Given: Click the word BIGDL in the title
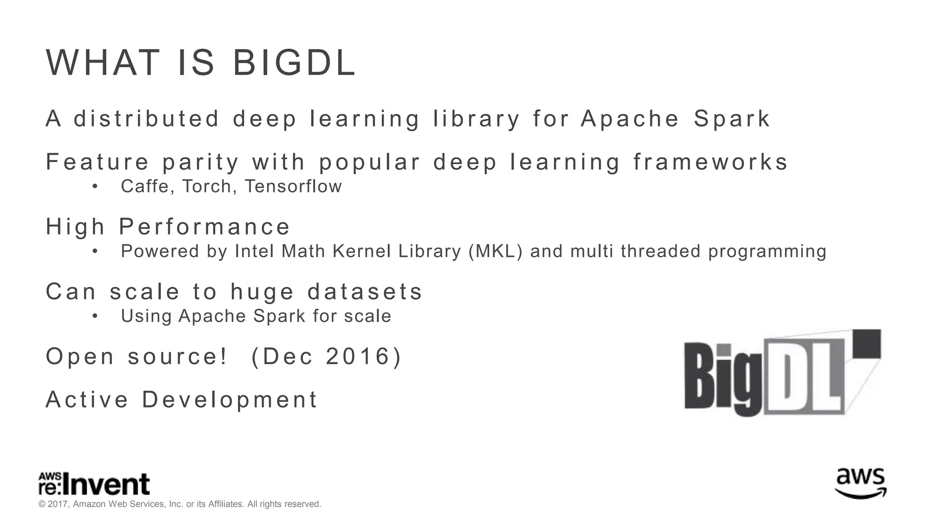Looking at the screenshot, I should (294, 63).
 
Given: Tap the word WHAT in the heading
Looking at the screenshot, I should (103, 63).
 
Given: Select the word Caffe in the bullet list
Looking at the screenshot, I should (145, 186).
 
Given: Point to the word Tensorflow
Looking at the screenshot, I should (293, 186).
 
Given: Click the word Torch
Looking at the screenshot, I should (207, 186).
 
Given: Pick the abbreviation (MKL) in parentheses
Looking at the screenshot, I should (496, 251).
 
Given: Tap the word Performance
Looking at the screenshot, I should (204, 227).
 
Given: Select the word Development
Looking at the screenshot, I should (230, 399).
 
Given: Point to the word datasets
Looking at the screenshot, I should (365, 291).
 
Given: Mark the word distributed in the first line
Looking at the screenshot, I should (146, 118).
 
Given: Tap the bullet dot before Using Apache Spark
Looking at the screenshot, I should (94, 316).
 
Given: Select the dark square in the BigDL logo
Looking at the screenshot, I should (867, 344).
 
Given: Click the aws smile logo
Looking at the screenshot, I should (860, 483).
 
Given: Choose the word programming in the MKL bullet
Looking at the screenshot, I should (767, 251).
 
